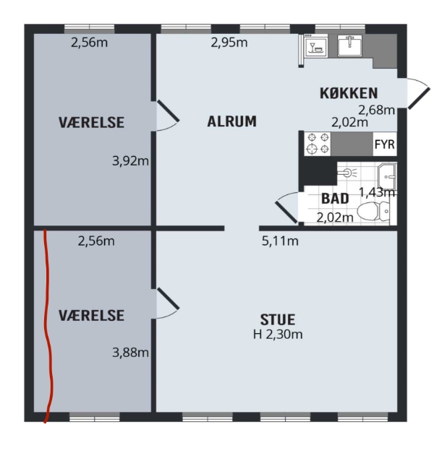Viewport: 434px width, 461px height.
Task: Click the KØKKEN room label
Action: (x=349, y=92)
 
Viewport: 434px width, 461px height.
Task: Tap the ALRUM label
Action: (x=231, y=121)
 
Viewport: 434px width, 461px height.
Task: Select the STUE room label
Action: (x=278, y=319)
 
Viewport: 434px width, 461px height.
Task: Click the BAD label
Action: (x=335, y=198)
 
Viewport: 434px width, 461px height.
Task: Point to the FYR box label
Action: (x=384, y=145)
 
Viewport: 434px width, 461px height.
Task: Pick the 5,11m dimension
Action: (x=279, y=241)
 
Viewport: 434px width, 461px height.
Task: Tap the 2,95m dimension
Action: (x=229, y=43)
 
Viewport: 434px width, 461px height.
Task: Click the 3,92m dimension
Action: (x=130, y=161)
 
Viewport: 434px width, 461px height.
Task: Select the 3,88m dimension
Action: (x=130, y=353)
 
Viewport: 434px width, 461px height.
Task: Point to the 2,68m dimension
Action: (x=376, y=110)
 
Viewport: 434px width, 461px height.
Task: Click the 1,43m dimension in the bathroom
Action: (x=377, y=192)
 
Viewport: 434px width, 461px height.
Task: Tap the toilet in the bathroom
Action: (x=375, y=212)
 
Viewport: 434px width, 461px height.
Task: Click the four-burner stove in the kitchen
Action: (x=315, y=143)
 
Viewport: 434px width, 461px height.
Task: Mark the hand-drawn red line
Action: (x=48, y=325)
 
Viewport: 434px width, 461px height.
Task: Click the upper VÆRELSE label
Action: (x=91, y=123)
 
